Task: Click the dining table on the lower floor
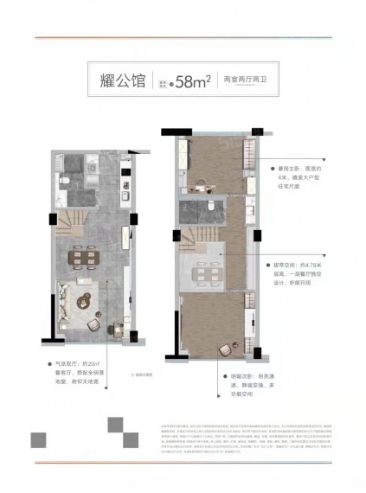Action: pos(87,256)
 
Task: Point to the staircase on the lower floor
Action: pos(71,225)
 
